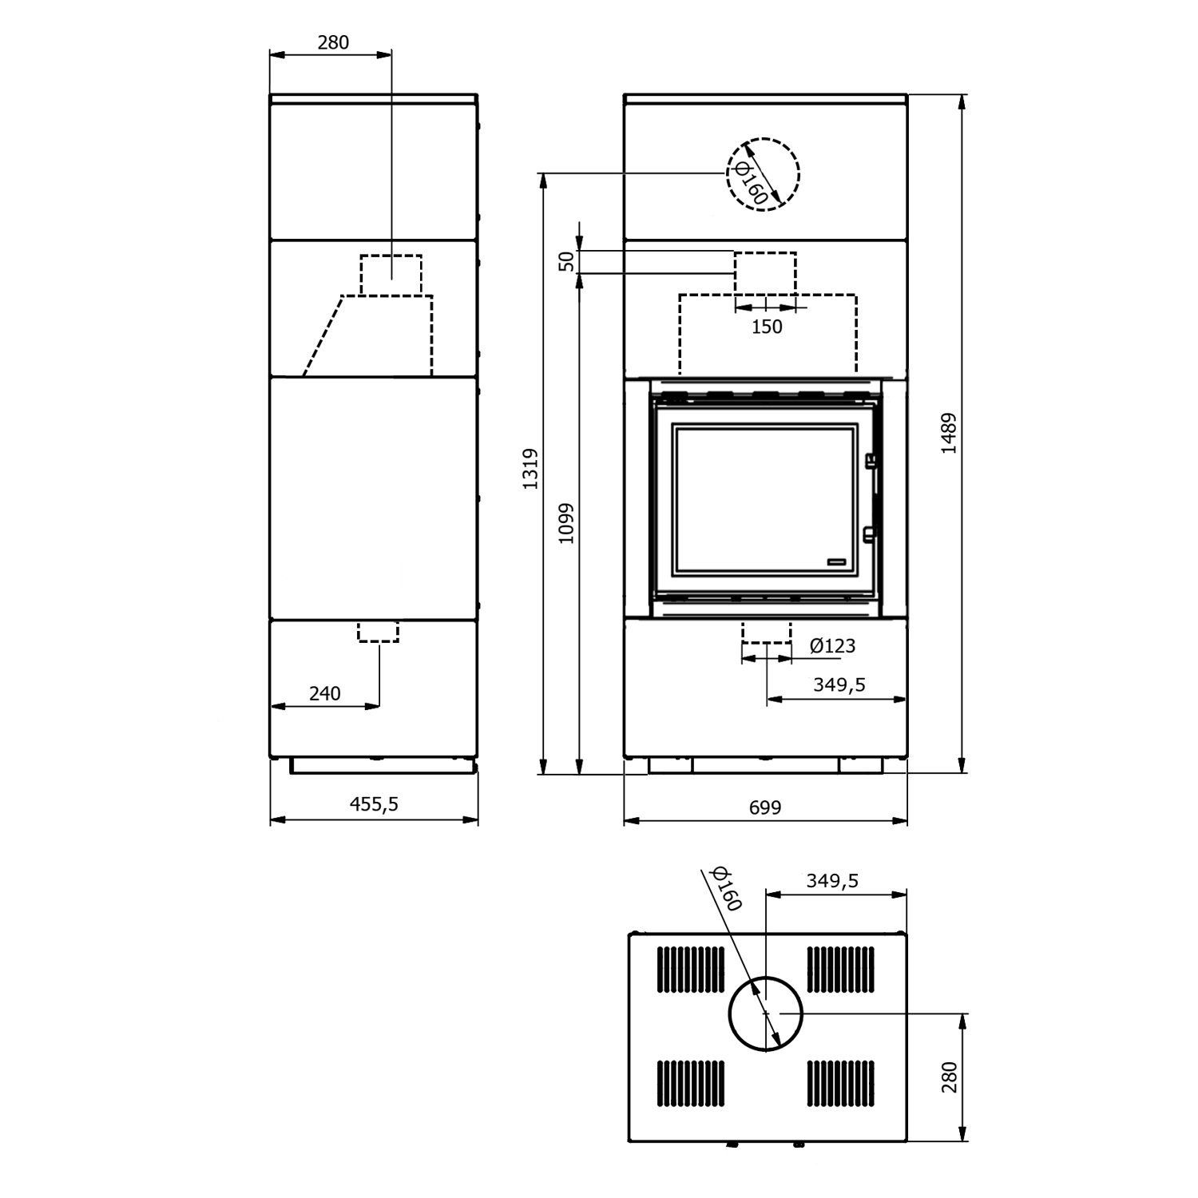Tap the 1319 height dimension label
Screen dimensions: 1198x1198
(x=530, y=470)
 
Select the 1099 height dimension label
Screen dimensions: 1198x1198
(x=566, y=523)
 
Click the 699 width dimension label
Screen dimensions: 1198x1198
(x=765, y=807)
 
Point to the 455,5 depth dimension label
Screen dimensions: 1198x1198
(x=374, y=803)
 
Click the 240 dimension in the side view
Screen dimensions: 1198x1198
(x=324, y=693)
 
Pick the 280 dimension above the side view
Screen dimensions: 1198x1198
(x=333, y=42)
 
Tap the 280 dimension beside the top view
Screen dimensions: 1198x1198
(x=949, y=1078)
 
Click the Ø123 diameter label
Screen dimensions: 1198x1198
(x=832, y=645)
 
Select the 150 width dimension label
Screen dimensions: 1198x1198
(x=767, y=327)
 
